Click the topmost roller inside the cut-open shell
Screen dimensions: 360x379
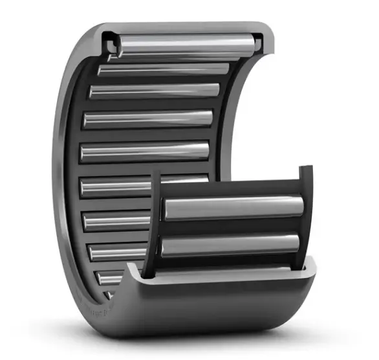coord(185,44)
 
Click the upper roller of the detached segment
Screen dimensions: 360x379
coord(233,207)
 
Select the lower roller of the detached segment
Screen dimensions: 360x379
coord(230,245)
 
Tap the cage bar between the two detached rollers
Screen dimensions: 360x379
coord(230,227)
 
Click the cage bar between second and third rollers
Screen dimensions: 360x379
coord(158,80)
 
